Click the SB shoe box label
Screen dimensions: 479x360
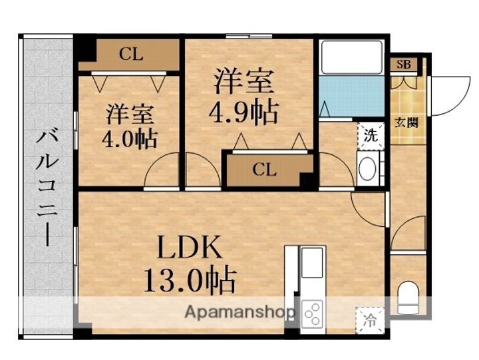[x=404, y=65]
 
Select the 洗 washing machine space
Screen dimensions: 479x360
[x=371, y=135]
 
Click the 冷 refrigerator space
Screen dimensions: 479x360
[x=370, y=320]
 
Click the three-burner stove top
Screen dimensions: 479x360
[x=312, y=313]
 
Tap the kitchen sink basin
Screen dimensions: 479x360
[x=312, y=262]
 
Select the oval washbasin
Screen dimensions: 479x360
[x=367, y=169]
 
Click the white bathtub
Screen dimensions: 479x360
[x=352, y=57]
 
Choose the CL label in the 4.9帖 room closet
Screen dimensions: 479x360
[x=265, y=170]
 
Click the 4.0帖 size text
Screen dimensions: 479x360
[x=130, y=139]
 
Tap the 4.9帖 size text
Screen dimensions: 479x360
[x=243, y=112]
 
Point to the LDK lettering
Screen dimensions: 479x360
[x=190, y=247]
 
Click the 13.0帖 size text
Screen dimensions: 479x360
[x=190, y=281]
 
